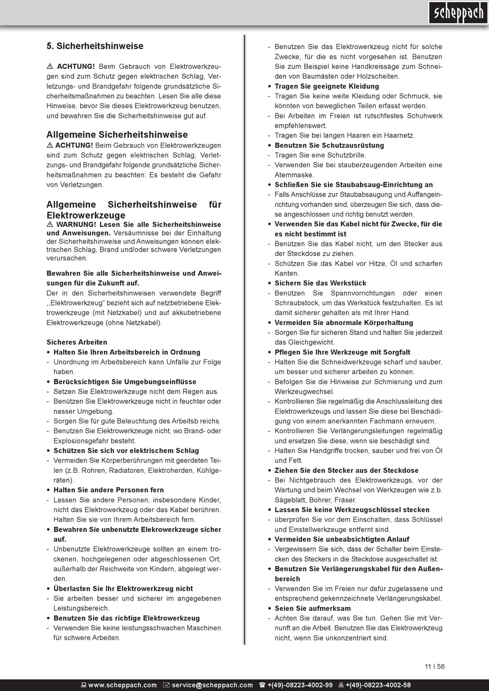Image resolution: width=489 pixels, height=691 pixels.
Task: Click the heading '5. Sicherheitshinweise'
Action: [x=95, y=46]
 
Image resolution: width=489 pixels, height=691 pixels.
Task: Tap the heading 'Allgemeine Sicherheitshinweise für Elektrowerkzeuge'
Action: [x=134, y=210]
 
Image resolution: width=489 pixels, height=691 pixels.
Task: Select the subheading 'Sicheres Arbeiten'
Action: [x=77, y=342]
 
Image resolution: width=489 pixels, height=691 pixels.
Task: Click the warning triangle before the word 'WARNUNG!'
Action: [x=50, y=225]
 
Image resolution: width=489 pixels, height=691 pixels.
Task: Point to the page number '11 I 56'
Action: [x=435, y=666]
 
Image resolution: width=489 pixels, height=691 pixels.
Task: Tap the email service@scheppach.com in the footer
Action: [x=212, y=685]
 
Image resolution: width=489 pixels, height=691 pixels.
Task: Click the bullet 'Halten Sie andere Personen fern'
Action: [x=109, y=490]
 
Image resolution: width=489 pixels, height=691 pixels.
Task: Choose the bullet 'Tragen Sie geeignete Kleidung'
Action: [x=326, y=86]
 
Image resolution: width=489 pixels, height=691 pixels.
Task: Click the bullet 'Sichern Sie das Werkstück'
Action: [x=320, y=284]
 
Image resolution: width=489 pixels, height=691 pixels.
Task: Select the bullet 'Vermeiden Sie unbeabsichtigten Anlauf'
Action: [x=342, y=540]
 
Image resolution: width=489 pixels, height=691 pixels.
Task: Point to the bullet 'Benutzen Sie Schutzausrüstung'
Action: [x=329, y=146]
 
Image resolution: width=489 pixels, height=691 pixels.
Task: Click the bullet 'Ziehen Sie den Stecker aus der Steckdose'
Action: [x=346, y=471]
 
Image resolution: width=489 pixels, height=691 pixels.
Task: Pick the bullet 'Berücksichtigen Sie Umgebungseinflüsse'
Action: [x=125, y=382]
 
